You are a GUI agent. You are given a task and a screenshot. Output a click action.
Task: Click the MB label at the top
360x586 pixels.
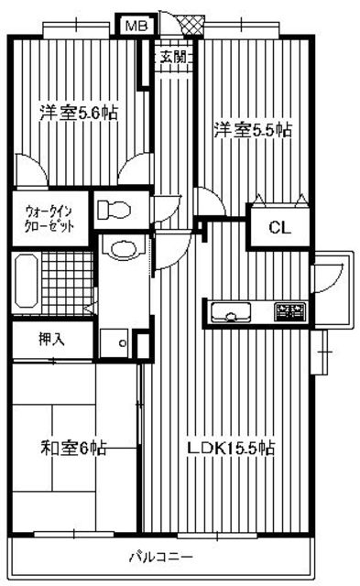click(x=135, y=27)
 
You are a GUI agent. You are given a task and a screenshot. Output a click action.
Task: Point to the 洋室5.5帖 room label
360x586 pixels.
click(x=252, y=130)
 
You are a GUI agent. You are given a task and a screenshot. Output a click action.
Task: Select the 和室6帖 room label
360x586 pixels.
click(x=74, y=449)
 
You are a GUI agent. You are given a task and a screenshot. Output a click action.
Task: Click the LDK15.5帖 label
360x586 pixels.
click(x=230, y=449)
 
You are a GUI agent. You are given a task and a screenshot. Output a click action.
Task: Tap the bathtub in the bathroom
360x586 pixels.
click(x=25, y=283)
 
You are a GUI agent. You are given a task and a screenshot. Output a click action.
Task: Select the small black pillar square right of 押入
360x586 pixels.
click(x=141, y=344)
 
